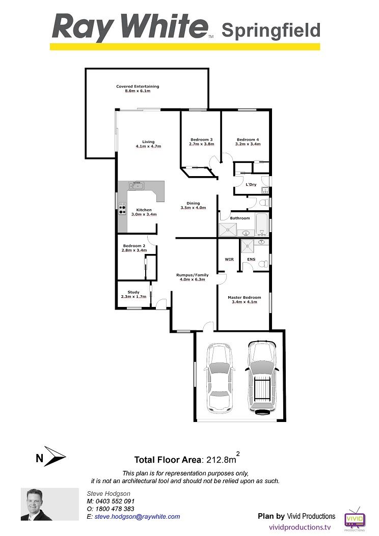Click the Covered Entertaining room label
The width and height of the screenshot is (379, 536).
point(138,87)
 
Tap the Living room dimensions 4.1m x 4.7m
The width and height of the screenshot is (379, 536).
point(148,146)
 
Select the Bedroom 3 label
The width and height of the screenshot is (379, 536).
point(202,139)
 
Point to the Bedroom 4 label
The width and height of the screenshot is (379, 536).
point(248,139)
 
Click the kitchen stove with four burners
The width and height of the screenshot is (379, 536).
point(122,209)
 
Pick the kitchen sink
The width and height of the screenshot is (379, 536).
point(137,186)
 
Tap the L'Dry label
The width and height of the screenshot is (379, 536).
point(251,185)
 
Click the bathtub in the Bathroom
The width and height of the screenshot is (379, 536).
point(262,224)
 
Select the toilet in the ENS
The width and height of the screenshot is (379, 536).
point(263,264)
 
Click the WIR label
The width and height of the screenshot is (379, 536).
point(229,260)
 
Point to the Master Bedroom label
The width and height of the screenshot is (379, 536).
point(244,297)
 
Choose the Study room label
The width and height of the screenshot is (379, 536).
point(133,292)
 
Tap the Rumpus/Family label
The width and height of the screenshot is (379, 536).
point(192,275)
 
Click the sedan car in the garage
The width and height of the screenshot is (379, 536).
point(219,378)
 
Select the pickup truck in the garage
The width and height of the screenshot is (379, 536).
point(262,377)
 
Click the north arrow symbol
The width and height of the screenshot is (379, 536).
point(54,457)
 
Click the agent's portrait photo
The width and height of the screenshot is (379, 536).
point(49,504)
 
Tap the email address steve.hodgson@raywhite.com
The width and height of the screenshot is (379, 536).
point(137,517)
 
